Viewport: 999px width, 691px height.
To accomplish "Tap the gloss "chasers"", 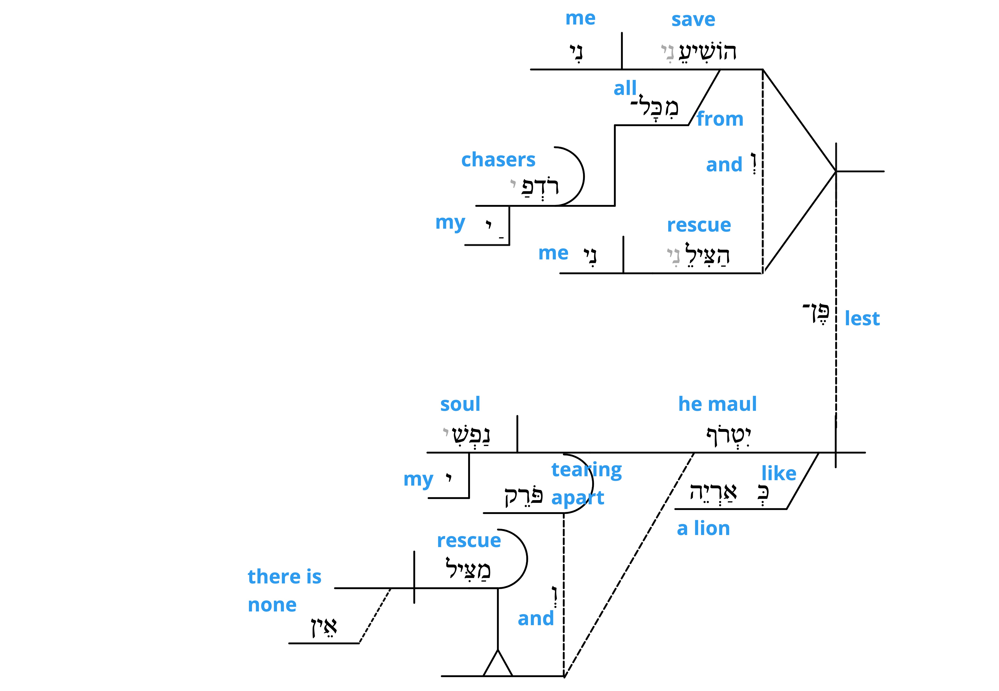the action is [498, 160].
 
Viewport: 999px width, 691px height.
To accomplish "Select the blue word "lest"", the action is [862, 319].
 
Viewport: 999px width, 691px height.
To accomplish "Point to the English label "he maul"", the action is [717, 404].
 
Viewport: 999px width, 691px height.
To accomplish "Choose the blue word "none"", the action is [272, 605].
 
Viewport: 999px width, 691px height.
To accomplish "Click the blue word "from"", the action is [720, 119].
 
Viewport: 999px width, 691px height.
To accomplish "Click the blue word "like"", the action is [779, 473].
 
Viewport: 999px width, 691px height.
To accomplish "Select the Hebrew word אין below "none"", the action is [324, 627].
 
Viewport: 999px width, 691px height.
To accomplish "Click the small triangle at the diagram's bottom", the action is [498, 663].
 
